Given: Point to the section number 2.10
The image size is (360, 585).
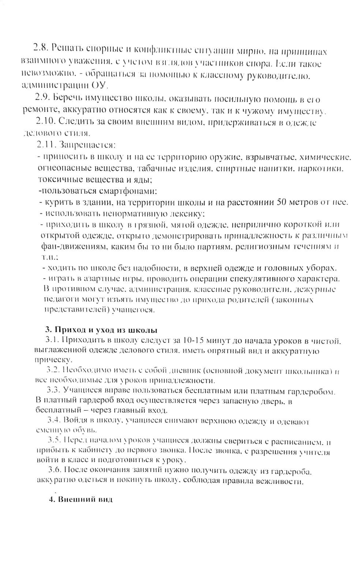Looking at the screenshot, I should coord(46,121).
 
